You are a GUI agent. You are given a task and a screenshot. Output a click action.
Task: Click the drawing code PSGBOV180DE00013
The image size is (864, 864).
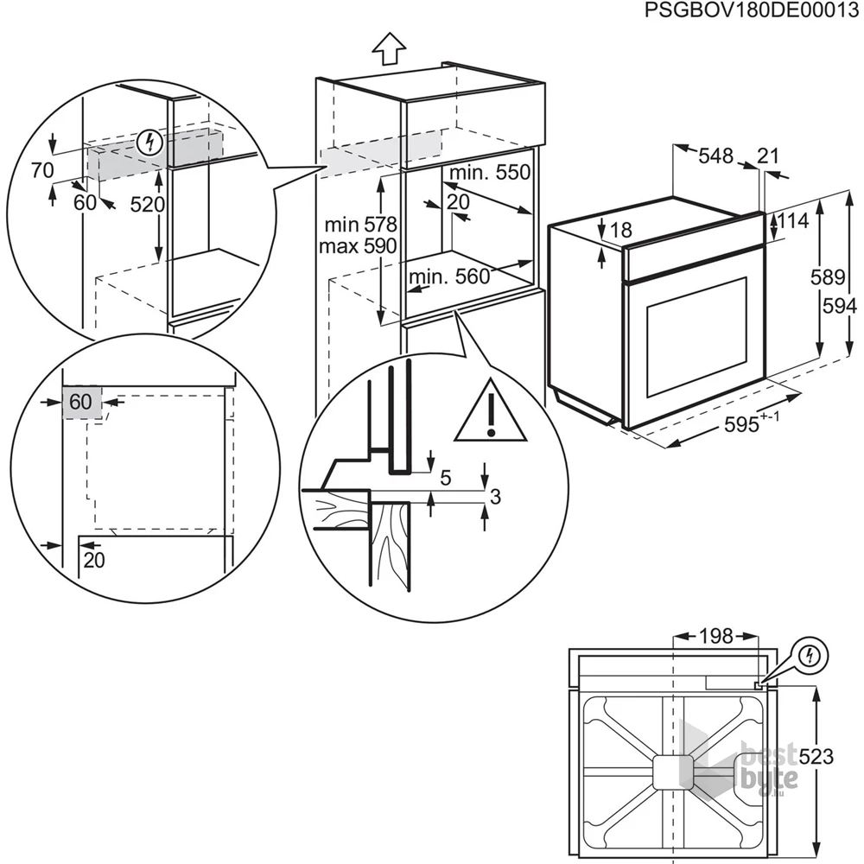click(x=752, y=10)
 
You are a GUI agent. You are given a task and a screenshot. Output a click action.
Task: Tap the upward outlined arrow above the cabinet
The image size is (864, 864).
click(x=389, y=48)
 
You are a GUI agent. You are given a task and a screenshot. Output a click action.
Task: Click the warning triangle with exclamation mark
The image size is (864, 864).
click(x=491, y=410)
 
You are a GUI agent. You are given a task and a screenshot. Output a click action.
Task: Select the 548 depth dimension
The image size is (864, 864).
click(x=715, y=156)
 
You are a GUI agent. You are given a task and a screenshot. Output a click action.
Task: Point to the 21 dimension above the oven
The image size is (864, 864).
click(x=767, y=156)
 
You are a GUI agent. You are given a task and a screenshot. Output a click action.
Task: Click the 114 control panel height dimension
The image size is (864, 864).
click(x=793, y=221)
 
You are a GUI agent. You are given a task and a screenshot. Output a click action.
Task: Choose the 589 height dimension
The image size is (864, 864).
click(x=828, y=277)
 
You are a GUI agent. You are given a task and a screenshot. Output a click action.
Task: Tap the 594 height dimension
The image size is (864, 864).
click(x=840, y=306)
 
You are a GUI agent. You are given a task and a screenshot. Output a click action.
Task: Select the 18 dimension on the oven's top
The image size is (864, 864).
click(x=621, y=231)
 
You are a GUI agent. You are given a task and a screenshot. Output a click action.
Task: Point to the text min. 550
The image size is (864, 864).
click(x=490, y=173)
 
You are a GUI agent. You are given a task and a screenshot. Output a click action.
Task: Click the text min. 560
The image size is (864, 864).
click(x=449, y=276)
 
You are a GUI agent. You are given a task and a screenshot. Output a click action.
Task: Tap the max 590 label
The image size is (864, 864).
click(x=358, y=245)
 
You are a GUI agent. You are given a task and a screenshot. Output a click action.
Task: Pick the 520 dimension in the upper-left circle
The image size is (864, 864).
click(x=147, y=205)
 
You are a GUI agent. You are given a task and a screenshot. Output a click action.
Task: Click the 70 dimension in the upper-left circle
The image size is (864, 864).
click(x=41, y=171)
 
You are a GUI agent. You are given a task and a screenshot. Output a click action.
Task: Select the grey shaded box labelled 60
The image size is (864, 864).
click(x=82, y=402)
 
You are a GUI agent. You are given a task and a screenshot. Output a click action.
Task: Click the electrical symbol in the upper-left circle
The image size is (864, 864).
click(x=149, y=143)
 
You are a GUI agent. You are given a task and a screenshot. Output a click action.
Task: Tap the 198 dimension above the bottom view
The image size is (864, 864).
click(x=715, y=637)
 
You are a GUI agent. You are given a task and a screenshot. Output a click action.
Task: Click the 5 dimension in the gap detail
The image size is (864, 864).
click(x=446, y=478)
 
